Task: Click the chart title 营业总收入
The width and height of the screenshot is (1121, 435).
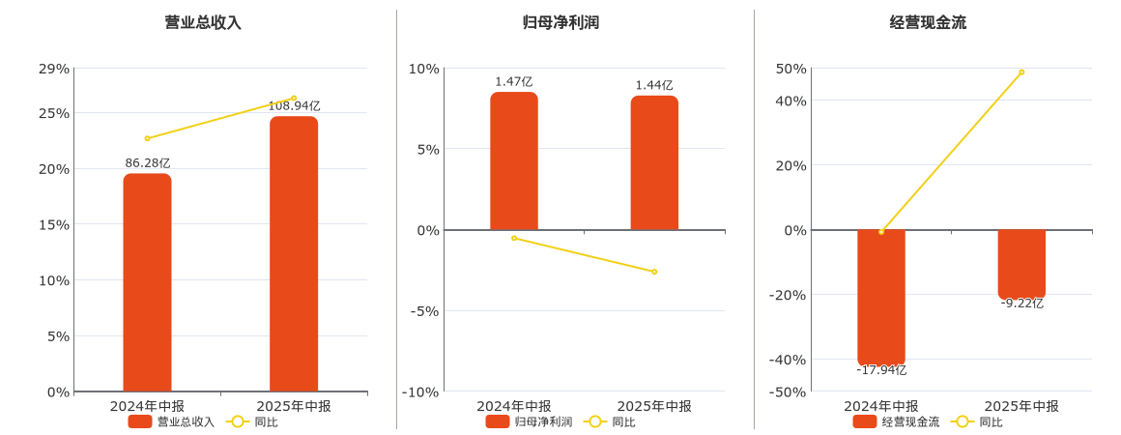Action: coord(203,22)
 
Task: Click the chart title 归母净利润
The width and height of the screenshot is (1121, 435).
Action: coord(560,22)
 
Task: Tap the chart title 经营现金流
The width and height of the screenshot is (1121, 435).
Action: coord(928,22)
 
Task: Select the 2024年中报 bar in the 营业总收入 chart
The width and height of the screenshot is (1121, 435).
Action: coord(147,282)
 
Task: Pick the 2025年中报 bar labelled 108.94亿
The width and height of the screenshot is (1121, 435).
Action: coord(294,253)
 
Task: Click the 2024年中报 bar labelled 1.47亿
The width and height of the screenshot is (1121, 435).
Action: coord(514,160)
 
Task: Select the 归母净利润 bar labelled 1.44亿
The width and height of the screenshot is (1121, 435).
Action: coord(654,162)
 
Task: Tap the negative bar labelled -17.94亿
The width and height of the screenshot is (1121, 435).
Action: coord(881,296)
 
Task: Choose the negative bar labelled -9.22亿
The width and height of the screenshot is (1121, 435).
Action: coord(1021,263)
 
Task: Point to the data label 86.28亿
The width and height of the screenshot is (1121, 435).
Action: coord(148,163)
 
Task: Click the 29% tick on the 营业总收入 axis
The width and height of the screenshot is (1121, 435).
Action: coord(54,69)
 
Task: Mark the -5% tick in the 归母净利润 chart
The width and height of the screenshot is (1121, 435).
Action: coord(424,311)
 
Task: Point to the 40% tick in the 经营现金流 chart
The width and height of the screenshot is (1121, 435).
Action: coord(791,101)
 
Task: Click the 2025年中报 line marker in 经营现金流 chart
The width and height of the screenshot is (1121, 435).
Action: coord(1021,72)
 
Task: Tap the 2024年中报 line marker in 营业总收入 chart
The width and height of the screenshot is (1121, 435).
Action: coord(147,138)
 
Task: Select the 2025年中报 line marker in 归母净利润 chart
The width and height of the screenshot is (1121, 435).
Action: coord(654,272)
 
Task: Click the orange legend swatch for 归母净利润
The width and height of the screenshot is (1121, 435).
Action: coord(497,421)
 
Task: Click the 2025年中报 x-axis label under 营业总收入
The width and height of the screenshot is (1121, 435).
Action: coord(294,406)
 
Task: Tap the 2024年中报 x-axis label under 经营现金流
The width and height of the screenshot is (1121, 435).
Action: coord(881,406)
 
